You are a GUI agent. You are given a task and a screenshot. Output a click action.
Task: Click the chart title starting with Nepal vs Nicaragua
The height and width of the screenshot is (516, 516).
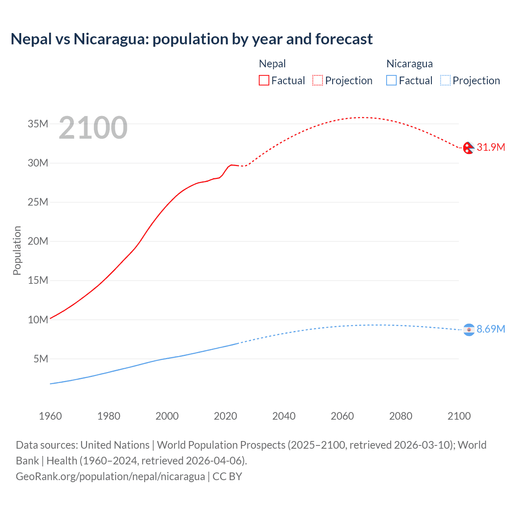click(191, 39)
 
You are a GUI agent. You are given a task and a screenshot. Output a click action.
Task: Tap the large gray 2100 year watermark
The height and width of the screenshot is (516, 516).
click(93, 128)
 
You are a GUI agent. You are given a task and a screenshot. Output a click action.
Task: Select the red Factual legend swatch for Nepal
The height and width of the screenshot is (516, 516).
click(264, 81)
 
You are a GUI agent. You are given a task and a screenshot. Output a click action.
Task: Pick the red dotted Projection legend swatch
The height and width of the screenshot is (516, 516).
click(318, 81)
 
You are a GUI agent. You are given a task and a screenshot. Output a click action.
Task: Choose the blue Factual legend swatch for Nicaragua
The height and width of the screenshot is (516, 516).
click(391, 81)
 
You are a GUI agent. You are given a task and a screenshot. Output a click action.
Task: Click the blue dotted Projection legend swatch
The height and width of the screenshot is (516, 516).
click(445, 81)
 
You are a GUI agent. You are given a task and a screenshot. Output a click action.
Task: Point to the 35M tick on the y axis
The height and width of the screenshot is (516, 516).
click(38, 124)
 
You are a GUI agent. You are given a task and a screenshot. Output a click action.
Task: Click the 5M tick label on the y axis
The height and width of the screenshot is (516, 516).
click(41, 359)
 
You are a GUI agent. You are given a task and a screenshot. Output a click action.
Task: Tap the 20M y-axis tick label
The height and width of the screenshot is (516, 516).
click(38, 241)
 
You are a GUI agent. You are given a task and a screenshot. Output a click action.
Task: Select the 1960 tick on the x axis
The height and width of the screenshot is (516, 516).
click(50, 416)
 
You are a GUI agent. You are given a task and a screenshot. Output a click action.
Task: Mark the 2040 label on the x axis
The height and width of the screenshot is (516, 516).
click(284, 416)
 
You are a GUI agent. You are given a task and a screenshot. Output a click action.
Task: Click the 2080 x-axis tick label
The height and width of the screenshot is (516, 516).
click(401, 416)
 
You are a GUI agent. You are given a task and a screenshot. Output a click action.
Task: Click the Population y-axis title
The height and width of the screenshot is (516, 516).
click(17, 250)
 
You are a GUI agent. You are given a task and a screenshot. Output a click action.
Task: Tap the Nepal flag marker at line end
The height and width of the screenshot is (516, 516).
click(468, 148)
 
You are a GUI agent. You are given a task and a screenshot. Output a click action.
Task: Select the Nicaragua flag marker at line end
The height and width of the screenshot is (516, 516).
click(468, 330)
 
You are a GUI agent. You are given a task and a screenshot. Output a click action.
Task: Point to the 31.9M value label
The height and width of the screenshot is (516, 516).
click(491, 147)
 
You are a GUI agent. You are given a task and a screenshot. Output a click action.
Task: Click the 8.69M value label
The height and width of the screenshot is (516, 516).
click(491, 329)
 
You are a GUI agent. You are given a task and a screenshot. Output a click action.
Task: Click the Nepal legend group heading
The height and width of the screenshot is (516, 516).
click(272, 64)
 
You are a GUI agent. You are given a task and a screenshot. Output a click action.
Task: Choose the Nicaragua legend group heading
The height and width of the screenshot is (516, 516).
click(410, 64)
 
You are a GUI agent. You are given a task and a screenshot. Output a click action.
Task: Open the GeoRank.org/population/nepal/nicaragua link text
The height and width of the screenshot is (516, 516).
click(110, 476)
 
